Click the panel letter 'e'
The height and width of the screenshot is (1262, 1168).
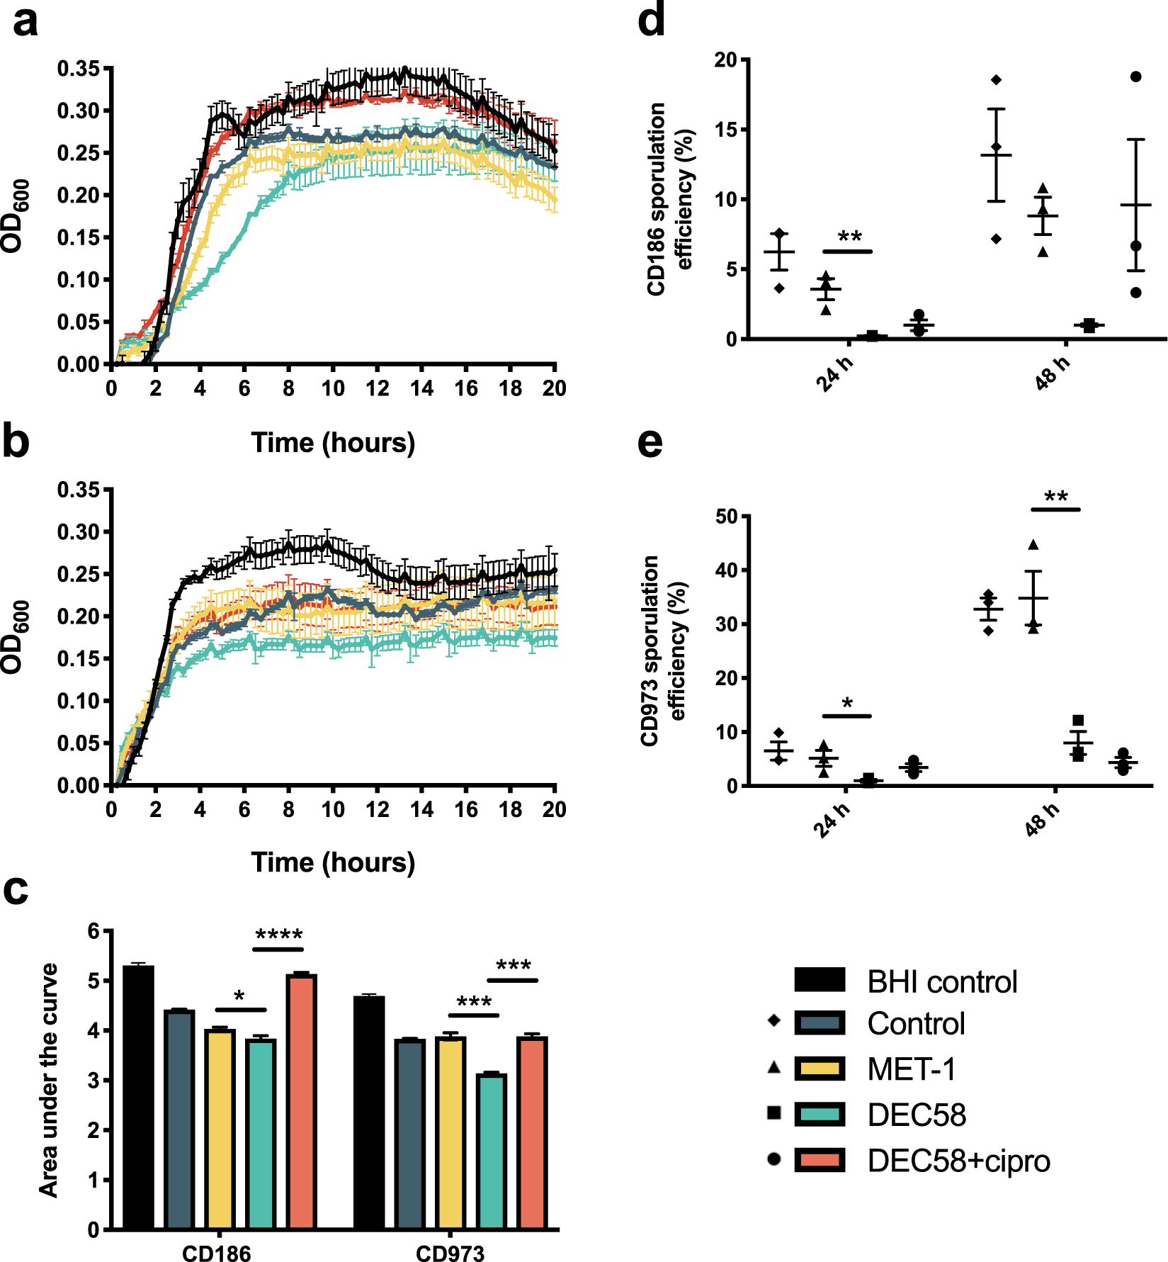pos(650,442)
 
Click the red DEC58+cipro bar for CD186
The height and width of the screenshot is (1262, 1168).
pos(302,1101)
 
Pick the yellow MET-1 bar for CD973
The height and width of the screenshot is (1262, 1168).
pos(450,1132)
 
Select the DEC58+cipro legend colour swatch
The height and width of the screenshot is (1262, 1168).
pos(820,1161)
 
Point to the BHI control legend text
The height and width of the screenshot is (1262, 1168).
pos(942,981)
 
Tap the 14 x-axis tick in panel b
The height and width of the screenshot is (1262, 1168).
pos(421,809)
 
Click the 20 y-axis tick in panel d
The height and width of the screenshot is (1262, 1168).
pos(725,60)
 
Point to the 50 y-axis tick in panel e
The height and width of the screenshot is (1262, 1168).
pos(727,516)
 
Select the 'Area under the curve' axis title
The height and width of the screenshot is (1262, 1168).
pos(49,1080)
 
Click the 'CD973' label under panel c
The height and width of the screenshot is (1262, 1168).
pos(450,1253)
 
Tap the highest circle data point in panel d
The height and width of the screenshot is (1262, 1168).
pos(1136,77)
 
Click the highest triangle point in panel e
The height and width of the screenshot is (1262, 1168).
pos(1033,544)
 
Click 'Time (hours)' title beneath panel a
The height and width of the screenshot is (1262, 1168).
pos(333,442)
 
